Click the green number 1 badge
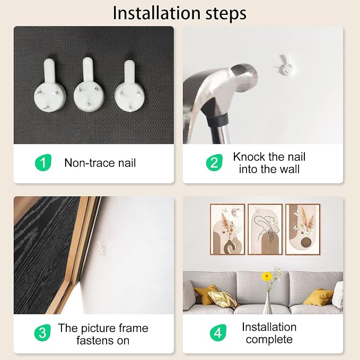pos(43,163)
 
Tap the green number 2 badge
pos(214,163)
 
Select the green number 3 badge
pos(42,332)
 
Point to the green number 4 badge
pos(218,332)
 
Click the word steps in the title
pos(226,14)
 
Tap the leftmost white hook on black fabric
pos(50,85)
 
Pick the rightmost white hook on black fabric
pos(129,86)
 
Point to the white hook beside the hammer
pos(286,65)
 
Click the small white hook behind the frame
pos(101,249)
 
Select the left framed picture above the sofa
pos(227,230)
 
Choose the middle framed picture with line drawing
pos(265,230)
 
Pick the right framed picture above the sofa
pos(303,230)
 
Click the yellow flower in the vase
pos(267,276)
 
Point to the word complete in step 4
pos(269,339)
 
